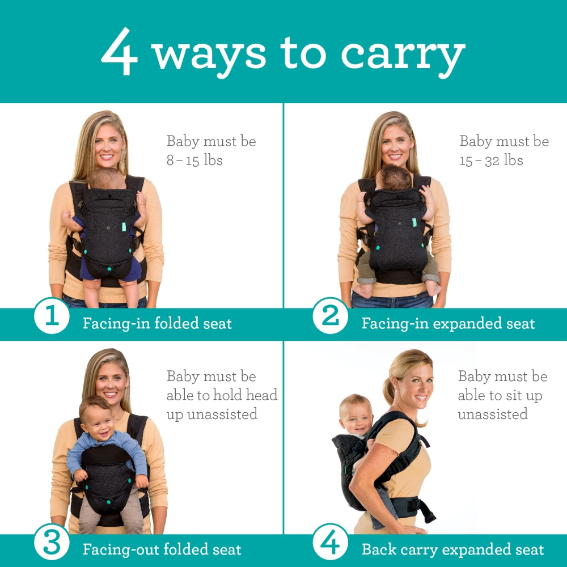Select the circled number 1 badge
52,316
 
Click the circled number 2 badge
330,316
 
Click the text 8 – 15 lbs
194,160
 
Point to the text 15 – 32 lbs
491,160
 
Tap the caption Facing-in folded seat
157,324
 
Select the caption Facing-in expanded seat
448,324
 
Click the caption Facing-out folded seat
162,549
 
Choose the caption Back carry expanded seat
452,549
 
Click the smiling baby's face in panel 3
97,418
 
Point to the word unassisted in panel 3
211,414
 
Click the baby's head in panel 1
108,179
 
